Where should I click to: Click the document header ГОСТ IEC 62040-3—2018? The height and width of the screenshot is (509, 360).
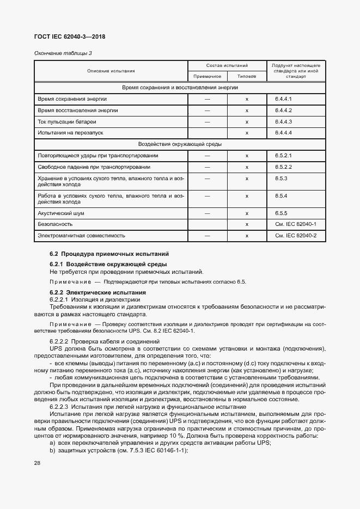[x=70, y=36]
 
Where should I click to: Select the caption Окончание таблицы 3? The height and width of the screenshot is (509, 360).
[x=63, y=53]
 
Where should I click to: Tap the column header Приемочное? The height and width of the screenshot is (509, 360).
[x=208, y=77]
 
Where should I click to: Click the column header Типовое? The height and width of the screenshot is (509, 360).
[x=247, y=77]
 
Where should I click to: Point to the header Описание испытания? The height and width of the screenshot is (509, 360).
[x=111, y=71]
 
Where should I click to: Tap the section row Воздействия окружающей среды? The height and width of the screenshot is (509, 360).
[x=179, y=144]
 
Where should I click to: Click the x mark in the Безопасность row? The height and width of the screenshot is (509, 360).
[x=247, y=224]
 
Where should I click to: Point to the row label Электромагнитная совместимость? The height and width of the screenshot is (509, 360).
[x=81, y=235]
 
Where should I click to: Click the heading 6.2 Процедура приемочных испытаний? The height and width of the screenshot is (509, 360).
[x=109, y=254]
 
